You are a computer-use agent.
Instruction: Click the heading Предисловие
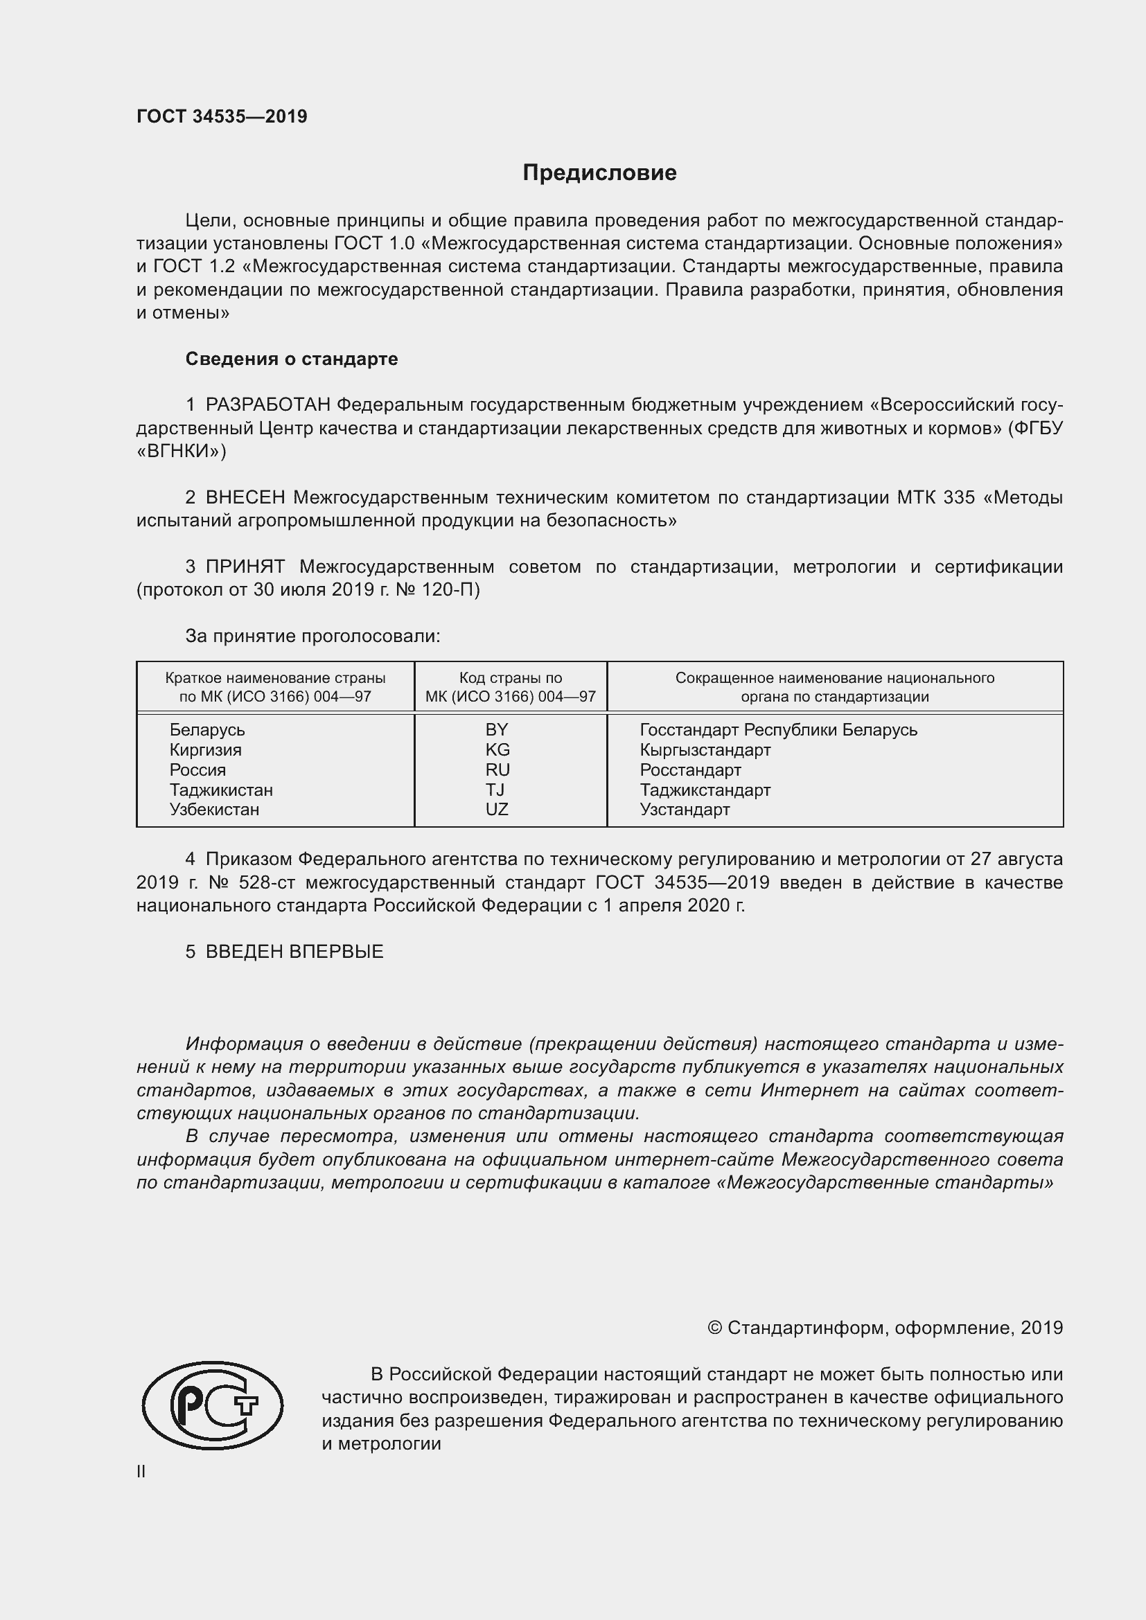pos(599,173)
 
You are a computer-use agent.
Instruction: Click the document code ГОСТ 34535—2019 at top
pos(222,116)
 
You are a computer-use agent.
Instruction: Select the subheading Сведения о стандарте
pos(292,359)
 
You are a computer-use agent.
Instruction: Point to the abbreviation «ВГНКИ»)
pos(182,452)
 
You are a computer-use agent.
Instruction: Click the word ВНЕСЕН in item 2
pos(245,497)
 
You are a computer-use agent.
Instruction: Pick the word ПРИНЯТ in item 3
pos(245,567)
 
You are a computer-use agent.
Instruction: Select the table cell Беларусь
pos(206,729)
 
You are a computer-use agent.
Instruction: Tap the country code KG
pos(497,749)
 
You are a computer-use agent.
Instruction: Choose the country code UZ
pos(497,809)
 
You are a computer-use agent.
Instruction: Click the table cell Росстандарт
pos(690,769)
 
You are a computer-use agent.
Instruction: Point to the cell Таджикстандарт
pos(705,790)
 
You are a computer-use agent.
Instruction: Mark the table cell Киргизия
pos(205,749)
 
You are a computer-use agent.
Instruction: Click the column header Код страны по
pos(510,678)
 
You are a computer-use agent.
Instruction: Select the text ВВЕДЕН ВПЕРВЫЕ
pos(294,952)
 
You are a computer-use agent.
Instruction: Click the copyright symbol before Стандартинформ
pos(714,1328)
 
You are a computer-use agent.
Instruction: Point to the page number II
pos(141,1472)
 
